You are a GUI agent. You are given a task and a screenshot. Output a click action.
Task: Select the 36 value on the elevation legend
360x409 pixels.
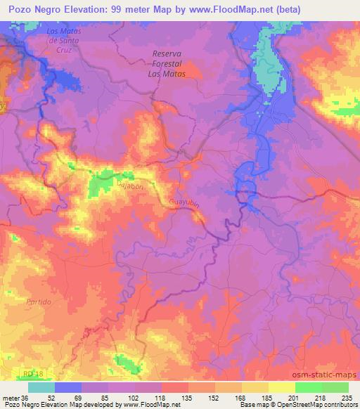[25, 398]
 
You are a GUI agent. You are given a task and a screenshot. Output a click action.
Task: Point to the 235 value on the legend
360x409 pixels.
[346, 398]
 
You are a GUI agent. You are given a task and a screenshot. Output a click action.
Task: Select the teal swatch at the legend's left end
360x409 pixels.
[41, 387]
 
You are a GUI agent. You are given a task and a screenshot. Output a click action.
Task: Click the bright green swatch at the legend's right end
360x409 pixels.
[335, 387]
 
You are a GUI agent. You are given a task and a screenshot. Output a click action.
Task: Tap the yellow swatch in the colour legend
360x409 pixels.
[281, 387]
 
